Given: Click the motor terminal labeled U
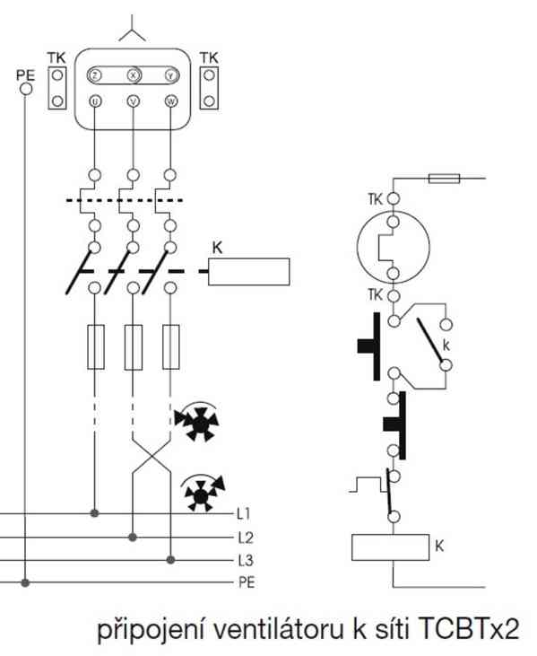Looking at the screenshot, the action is point(96,101).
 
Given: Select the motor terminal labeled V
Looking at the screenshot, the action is point(134,101).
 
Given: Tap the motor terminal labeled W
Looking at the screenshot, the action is point(171,101).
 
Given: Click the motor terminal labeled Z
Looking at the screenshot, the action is point(95,75).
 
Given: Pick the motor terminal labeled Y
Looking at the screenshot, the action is point(171,75).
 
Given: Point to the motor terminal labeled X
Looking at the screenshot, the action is point(134,75).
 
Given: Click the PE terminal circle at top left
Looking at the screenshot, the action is point(26,89).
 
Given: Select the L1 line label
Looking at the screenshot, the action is point(243,513).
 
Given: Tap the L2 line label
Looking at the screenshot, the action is point(246,538).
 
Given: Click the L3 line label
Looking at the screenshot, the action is point(246,560).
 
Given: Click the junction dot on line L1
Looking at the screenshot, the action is point(95,513).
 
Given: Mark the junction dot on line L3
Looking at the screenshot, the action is point(170,560).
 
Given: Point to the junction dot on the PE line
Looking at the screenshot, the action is point(25,582).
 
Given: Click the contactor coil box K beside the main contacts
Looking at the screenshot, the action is point(249,272).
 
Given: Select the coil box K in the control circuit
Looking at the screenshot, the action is point(390,547).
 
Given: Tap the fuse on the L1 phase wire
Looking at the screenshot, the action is point(96,347).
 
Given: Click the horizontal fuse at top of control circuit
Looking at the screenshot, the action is point(445,179).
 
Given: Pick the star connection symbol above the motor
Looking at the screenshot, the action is point(133,29).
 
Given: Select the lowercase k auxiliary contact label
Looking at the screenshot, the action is point(446,345).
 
